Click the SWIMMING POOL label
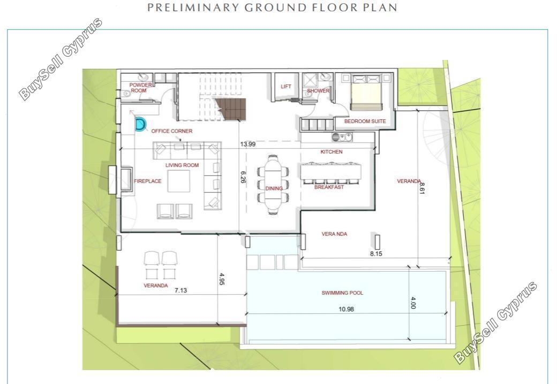342,293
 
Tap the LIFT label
285,87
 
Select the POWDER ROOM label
140,88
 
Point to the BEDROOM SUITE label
365,121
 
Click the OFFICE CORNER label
171,131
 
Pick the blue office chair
141,125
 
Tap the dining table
273,186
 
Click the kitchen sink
342,137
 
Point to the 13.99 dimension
247,144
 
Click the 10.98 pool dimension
346,309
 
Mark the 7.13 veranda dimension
180,290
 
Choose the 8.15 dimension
376,254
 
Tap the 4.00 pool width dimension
413,303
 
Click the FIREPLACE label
147,181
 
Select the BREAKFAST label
329,187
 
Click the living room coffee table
179,181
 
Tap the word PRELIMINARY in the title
192,7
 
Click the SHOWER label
318,91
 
